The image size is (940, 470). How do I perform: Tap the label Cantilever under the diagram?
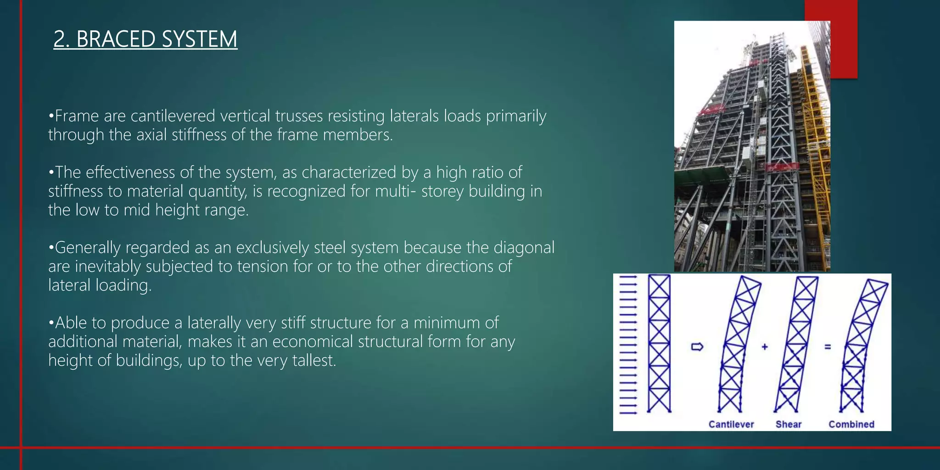click(731, 424)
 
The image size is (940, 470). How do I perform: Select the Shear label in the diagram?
click(789, 424)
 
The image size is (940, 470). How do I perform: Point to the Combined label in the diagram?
click(851, 424)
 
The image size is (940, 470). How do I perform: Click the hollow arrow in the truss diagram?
click(697, 347)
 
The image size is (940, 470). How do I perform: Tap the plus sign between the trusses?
click(765, 347)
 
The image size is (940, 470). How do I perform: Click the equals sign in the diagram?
click(828, 347)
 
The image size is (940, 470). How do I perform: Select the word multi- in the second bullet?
click(396, 191)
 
